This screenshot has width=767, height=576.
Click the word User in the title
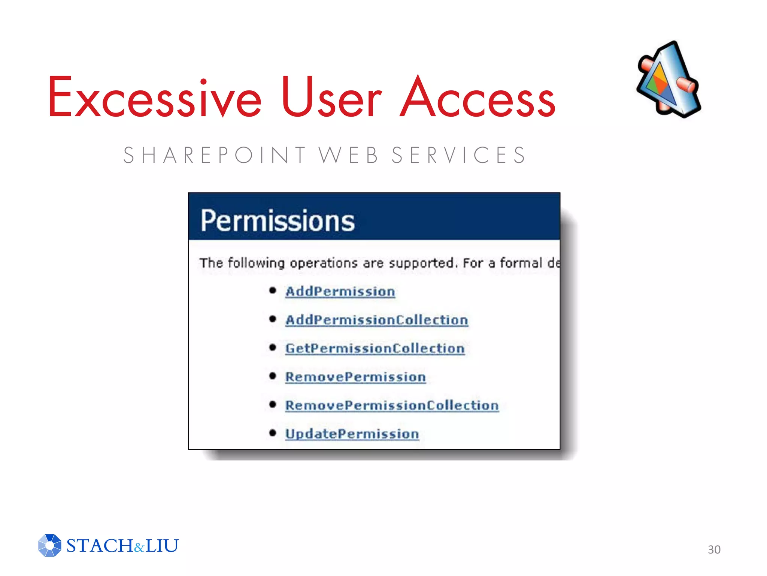pos(331,97)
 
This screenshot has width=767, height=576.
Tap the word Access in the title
pos(478,97)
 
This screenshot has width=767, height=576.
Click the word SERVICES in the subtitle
pos(459,155)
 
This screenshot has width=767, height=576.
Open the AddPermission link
pos(340,291)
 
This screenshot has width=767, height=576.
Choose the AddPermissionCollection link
pos(376,320)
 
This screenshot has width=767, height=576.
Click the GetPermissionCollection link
pos(375,348)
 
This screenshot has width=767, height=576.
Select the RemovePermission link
pos(355,377)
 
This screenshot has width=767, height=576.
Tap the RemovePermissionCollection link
pos(392,405)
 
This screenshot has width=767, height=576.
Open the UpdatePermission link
pos(352,434)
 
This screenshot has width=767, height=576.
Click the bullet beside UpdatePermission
pos(273,433)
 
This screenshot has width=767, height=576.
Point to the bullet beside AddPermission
pos(273,291)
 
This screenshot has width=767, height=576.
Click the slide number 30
pos(714,549)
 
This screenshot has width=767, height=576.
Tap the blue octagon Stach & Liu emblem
pos(50,545)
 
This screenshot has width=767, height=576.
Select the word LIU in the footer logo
pos(162,546)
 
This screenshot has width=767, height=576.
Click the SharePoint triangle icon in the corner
pos(669,79)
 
